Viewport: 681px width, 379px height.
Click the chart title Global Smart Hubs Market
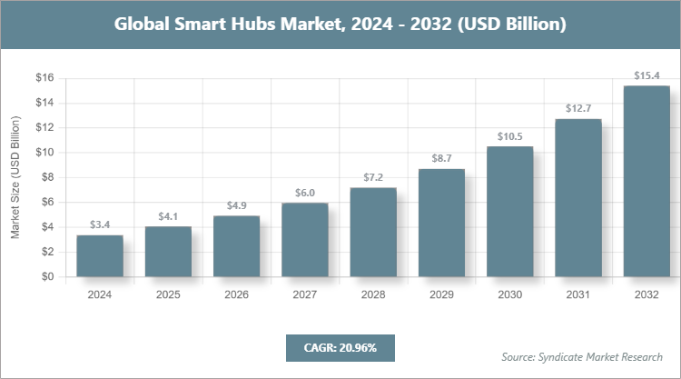click(x=340, y=25)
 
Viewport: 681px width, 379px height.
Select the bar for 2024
click(x=100, y=256)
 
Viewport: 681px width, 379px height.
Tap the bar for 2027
click(x=304, y=240)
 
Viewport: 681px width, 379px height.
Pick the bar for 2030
click(x=509, y=212)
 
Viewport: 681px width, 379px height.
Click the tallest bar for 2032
click(x=646, y=182)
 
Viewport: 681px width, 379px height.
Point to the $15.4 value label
click(x=646, y=75)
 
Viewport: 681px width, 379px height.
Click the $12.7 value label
click(x=578, y=108)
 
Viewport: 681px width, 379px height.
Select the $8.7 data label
click(x=441, y=158)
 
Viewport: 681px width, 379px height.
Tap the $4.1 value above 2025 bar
click(x=168, y=215)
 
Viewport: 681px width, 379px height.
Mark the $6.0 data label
click(x=304, y=192)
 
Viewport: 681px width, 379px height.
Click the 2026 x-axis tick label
click(x=236, y=295)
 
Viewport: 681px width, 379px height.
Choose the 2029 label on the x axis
click(x=441, y=295)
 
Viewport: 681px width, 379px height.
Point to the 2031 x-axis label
click(x=578, y=295)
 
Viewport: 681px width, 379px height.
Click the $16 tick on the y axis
click(x=44, y=78)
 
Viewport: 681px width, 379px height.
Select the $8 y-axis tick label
click(x=47, y=178)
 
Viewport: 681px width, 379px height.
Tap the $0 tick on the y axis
click(x=47, y=278)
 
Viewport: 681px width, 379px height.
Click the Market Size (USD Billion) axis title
click(x=15, y=178)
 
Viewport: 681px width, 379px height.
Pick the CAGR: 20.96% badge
click(x=340, y=347)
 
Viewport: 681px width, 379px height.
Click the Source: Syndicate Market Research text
click(x=582, y=356)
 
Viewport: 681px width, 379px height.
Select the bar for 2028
click(x=373, y=233)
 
